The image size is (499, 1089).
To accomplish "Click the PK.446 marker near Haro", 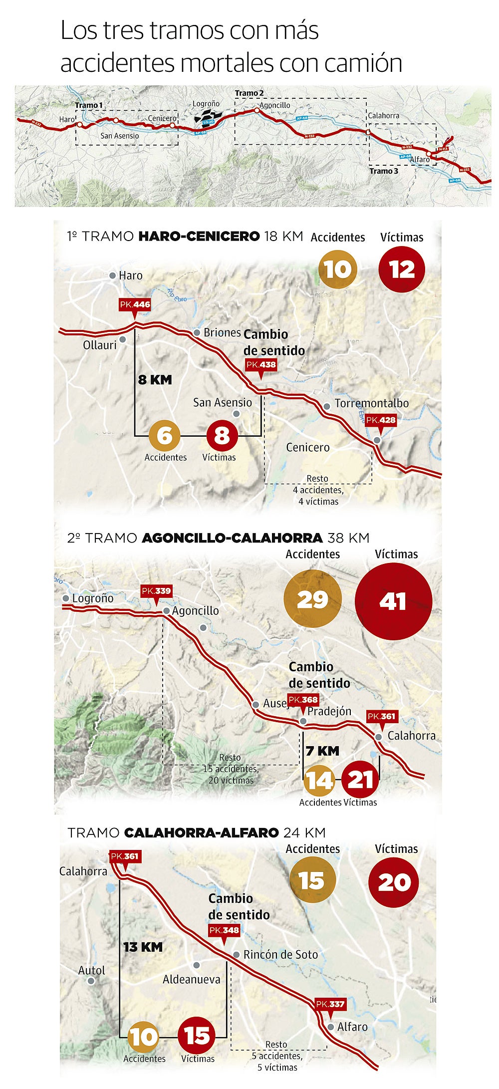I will [135, 305].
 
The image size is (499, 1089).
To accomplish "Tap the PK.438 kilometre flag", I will [261, 365].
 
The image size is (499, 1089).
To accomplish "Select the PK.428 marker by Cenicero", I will [381, 420].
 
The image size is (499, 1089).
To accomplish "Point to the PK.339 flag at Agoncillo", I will [156, 591].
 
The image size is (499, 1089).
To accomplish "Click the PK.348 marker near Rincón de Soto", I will [224, 930].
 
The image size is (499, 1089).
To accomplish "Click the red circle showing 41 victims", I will [393, 601].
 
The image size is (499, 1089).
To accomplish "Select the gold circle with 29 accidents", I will [312, 599].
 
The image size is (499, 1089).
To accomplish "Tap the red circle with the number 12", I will [402, 270].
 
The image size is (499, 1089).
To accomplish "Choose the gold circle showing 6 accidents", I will [164, 435].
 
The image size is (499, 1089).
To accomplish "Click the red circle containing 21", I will [360, 780].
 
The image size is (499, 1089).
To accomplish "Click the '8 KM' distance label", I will [155, 380].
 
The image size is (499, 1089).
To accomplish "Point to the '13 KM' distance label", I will [143, 947].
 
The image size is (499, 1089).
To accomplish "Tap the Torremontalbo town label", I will [371, 403].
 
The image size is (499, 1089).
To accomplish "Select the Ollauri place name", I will [100, 345].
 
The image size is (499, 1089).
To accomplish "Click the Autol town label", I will [92, 971].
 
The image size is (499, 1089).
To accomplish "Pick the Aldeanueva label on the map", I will [192, 980].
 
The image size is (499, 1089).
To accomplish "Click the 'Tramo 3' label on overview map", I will [384, 171].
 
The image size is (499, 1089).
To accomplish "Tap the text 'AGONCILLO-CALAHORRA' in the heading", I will [232, 538].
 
